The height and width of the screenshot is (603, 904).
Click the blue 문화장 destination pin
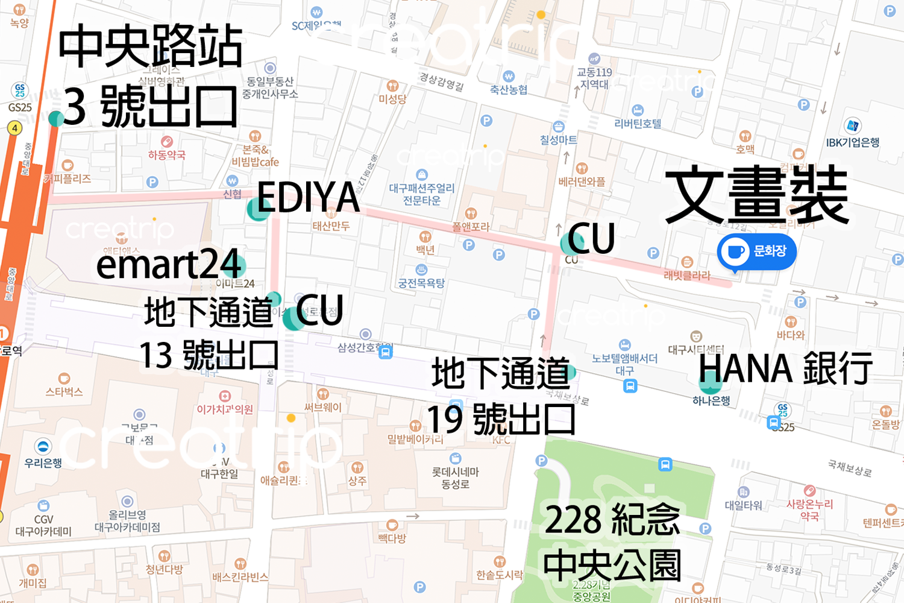(756, 251)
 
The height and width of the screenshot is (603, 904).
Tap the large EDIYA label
(308, 197)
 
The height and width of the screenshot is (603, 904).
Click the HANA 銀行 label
(785, 368)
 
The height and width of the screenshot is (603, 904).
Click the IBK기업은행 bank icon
(852, 126)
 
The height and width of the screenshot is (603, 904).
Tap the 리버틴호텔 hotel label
(638, 124)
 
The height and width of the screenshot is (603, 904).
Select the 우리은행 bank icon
(43, 447)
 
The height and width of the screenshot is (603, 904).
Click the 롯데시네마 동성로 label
(456, 478)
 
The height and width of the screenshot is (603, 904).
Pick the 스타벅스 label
(64, 392)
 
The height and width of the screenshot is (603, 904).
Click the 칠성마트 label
(558, 140)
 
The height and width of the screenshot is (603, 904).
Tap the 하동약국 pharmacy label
(167, 155)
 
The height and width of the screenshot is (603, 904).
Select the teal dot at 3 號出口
(56, 118)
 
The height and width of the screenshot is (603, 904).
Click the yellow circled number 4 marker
(14, 128)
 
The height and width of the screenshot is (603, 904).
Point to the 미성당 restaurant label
(392, 99)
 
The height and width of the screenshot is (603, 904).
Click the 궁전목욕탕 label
(421, 283)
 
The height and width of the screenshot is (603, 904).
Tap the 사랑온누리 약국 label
(809, 510)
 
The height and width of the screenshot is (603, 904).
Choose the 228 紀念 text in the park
(612, 520)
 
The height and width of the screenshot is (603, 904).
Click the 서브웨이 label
(323, 408)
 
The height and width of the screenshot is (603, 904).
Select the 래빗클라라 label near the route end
(687, 276)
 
